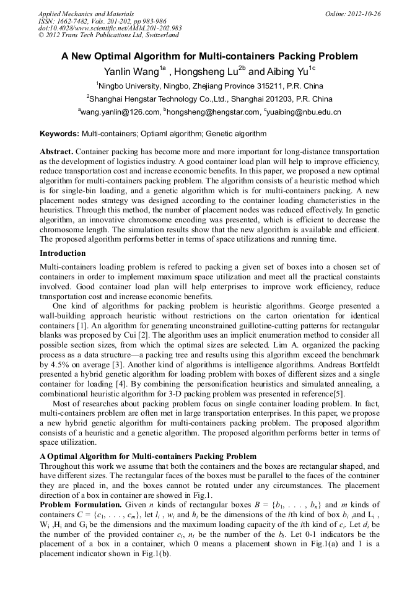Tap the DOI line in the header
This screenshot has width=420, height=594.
point(110,28)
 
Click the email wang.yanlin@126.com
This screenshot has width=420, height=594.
point(120,112)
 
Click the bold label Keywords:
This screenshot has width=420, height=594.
point(59,133)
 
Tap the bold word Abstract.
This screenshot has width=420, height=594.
point(56,151)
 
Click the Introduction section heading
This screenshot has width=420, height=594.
point(63,253)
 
